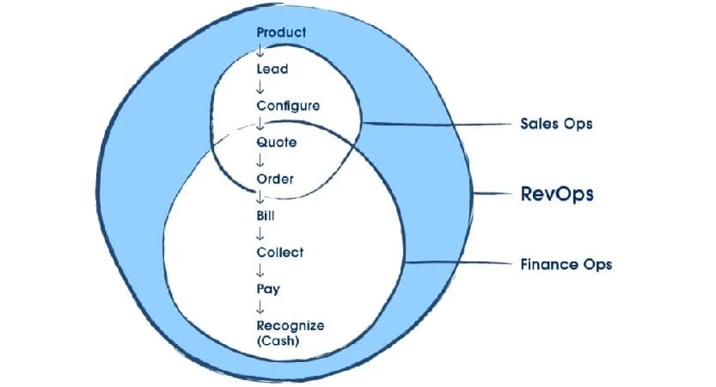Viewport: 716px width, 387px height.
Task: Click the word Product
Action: [282, 32]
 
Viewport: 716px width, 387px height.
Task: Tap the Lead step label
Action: [272, 69]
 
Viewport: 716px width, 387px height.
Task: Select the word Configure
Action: [288, 106]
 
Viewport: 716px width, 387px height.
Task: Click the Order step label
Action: [275, 179]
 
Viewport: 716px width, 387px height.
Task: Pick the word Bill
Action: [265, 216]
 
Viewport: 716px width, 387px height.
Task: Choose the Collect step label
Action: [279, 253]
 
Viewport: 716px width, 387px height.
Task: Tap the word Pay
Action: [267, 290]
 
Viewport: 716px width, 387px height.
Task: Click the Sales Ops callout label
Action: [556, 123]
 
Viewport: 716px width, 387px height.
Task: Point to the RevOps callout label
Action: [557, 194]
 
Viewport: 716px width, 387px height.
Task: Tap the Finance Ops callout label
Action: [566, 264]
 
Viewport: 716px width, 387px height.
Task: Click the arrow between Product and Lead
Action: [260, 51]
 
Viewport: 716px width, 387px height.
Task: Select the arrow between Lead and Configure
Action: [260, 87]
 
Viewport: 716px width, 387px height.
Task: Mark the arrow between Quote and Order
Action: [260, 161]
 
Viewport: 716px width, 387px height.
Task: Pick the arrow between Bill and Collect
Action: [260, 234]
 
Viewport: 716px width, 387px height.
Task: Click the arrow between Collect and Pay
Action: [260, 272]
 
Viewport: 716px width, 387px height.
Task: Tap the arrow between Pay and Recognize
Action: [260, 308]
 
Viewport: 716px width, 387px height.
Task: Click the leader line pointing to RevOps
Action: [493, 194]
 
